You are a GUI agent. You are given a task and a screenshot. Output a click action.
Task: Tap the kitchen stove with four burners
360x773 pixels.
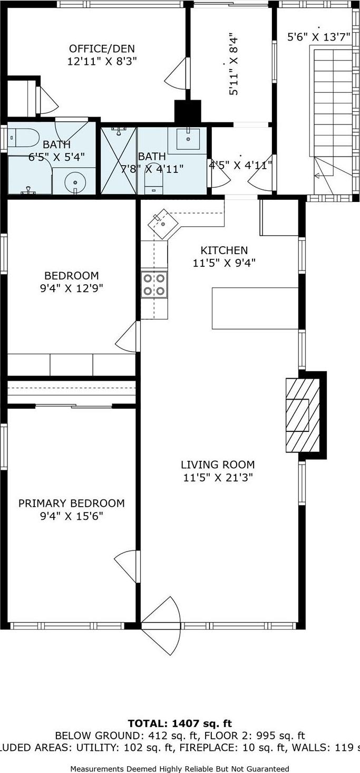point(154,285)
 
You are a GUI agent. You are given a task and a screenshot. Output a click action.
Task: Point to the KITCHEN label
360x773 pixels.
point(224,250)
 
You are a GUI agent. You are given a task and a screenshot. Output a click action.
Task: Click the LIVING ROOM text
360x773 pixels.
point(218,465)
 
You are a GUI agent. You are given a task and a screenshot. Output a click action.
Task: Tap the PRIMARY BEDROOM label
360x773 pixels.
point(72,504)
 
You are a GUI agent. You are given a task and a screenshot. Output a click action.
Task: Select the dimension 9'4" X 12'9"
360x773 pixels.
point(71,288)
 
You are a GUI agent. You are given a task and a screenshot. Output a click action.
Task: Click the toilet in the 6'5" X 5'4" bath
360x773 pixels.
point(24,137)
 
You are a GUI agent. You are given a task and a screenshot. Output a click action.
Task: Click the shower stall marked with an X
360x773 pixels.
point(119,160)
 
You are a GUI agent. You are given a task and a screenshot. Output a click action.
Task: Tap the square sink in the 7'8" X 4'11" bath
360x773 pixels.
point(188,139)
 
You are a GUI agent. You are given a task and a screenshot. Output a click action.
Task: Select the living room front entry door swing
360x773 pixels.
point(161,626)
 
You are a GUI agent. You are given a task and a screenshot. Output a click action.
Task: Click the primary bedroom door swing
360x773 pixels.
point(128,566)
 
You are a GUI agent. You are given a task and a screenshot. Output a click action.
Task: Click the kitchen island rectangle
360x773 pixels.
point(255,308)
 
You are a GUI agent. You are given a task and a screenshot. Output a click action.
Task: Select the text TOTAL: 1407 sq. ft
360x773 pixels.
point(180,724)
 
